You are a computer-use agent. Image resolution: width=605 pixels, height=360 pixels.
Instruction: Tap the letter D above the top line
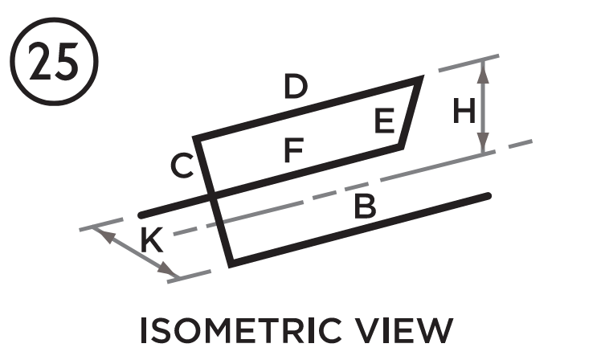coord(296,86)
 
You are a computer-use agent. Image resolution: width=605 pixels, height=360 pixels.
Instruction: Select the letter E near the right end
coord(384,121)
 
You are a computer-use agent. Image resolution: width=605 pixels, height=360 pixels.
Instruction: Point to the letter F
coord(294,150)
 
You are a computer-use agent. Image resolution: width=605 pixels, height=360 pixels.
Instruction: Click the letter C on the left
coord(182,167)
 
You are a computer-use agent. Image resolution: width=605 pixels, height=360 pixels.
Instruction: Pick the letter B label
coord(365,208)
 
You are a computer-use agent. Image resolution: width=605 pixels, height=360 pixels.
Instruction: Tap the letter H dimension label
coord(464,111)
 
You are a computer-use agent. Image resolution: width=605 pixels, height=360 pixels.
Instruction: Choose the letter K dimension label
coord(150,241)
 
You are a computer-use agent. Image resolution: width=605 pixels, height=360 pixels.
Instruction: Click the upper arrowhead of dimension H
coord(482,67)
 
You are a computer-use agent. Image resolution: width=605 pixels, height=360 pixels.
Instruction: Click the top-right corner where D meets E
coord(421,78)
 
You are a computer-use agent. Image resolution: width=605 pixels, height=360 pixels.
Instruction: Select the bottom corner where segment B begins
coord(231,263)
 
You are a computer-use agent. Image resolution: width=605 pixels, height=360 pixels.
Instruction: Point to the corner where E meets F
coord(400,145)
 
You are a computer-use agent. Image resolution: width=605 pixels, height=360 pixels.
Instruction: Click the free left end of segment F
coord(141,215)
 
